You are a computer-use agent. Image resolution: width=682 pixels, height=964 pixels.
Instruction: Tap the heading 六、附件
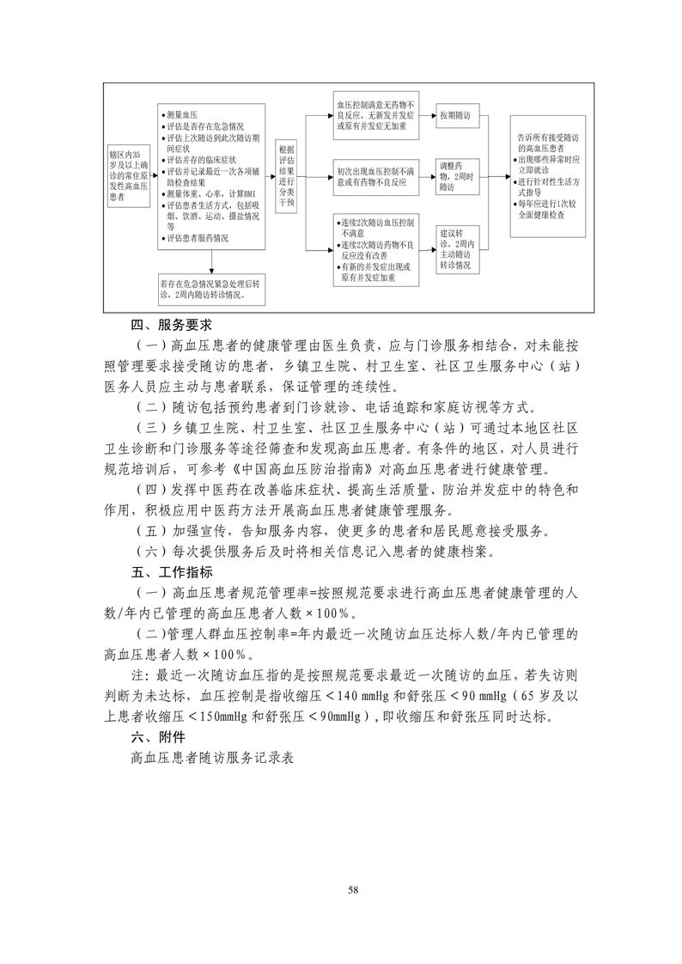(152, 736)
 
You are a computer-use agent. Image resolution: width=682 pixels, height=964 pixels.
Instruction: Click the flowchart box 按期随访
(455, 114)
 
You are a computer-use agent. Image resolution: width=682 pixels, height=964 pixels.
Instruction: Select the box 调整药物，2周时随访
(456, 175)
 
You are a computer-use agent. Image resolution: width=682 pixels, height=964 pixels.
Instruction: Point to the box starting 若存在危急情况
(210, 288)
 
